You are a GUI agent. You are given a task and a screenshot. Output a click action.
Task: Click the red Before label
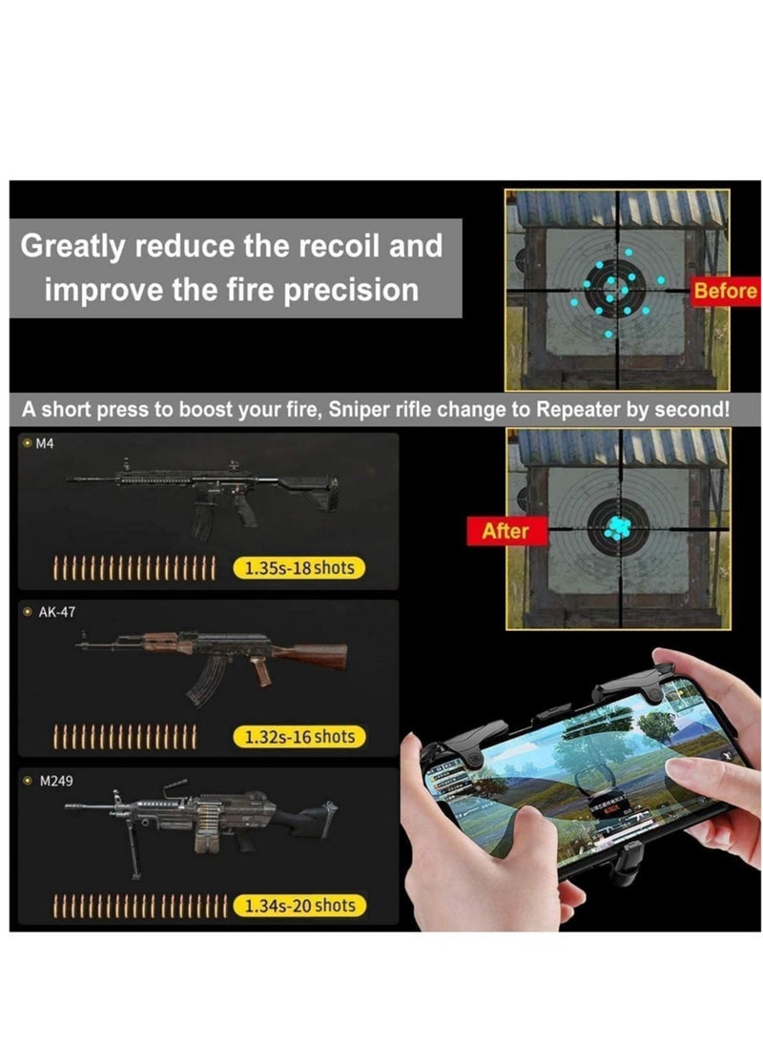725,291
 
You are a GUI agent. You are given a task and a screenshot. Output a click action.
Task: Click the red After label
505,531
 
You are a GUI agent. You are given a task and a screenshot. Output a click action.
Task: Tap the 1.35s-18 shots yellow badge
299,568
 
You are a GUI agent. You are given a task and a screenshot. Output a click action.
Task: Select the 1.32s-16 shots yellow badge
299,737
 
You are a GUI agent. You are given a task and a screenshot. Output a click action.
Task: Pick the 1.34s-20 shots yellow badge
299,906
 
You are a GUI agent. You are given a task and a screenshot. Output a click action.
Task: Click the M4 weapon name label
44,444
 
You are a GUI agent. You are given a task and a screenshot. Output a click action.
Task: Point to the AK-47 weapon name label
56,612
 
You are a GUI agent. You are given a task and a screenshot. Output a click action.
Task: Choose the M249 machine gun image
210,825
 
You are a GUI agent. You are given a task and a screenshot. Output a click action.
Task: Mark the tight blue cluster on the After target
618,527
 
